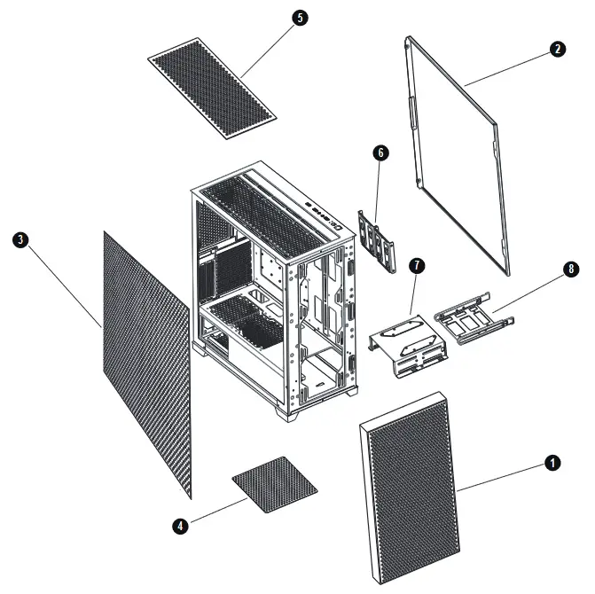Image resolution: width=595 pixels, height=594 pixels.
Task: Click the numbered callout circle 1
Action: pos(552,463)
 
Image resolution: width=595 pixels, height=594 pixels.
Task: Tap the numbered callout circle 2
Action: pos(557,50)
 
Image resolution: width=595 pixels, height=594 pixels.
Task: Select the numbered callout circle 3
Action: pos(20,240)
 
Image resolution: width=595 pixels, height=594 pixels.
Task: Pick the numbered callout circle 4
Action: pos(181,526)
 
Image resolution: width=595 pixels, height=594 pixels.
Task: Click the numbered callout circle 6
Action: pos(380,153)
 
